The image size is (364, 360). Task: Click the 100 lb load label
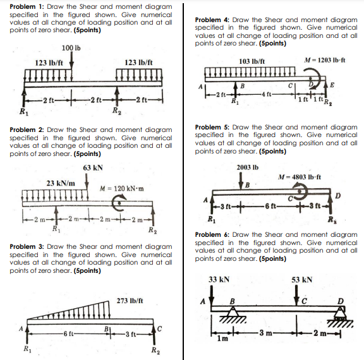tap(71, 48)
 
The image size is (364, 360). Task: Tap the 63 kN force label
tap(93, 167)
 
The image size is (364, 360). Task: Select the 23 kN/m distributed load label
tap(61, 183)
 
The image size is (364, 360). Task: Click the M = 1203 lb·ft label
tap(332, 61)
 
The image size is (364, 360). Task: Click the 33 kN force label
tap(218, 279)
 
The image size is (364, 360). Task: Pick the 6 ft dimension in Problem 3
tap(70, 334)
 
